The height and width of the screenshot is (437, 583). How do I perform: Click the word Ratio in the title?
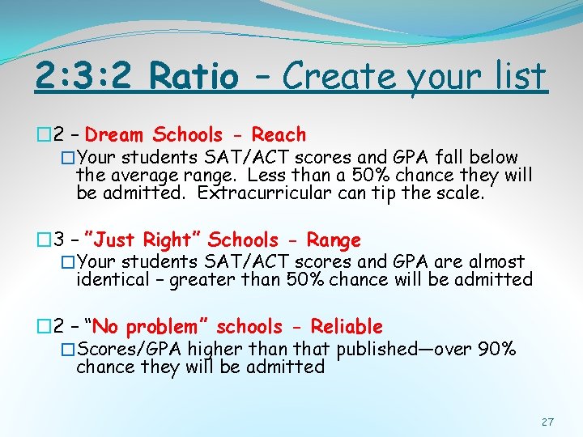194,77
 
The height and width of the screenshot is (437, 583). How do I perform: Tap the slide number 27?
548,422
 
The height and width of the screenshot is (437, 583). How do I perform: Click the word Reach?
279,134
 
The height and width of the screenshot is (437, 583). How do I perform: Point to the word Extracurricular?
263,193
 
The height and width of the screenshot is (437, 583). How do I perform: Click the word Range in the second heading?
334,240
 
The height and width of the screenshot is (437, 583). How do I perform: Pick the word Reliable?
347,327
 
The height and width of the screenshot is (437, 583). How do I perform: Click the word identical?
110,280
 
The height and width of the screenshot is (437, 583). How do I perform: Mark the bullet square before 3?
44,240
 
